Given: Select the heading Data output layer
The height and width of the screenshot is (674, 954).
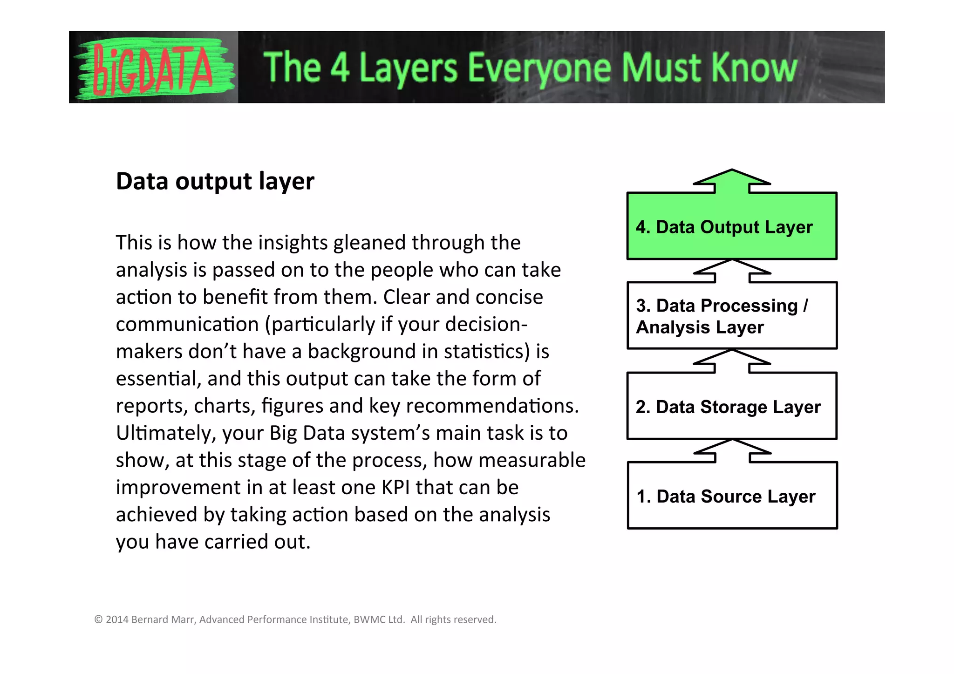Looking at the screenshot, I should (x=215, y=181).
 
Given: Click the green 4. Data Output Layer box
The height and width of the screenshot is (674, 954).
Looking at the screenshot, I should (x=731, y=226).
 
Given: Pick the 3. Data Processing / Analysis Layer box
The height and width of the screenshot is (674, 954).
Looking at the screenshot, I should (x=731, y=316).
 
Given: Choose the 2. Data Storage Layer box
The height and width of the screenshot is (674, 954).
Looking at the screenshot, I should (x=731, y=406).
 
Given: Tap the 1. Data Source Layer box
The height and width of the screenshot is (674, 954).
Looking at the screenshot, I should (x=731, y=496).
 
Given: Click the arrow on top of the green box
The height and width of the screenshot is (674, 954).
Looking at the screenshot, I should (x=732, y=181).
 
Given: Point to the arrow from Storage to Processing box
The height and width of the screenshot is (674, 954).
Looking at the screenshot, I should (x=732, y=361).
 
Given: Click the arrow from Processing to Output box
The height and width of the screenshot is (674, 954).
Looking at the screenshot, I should (x=732, y=272).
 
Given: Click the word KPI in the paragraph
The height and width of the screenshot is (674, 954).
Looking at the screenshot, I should (x=396, y=488).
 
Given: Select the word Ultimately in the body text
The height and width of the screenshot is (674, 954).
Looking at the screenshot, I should (x=166, y=433).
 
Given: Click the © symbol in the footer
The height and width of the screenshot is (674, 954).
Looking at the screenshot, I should (x=98, y=620).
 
